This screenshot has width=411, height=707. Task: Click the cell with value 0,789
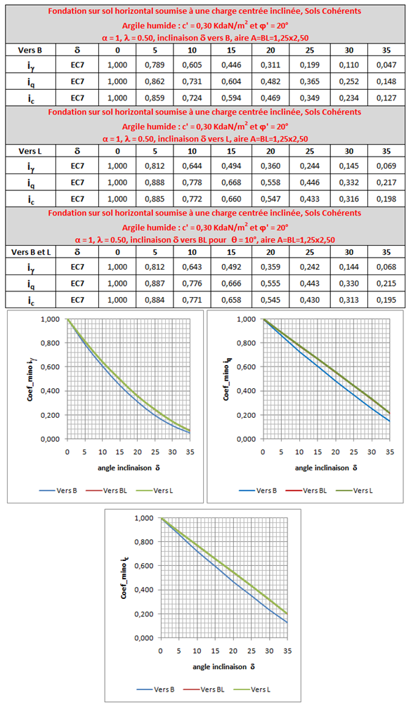pos(155,65)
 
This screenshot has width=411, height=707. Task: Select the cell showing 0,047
pos(386,65)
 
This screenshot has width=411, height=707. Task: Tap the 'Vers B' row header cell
pos(31,50)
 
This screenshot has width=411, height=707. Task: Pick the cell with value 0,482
pos(270,81)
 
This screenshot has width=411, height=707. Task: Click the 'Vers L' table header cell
pos(31,151)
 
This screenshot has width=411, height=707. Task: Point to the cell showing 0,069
pos(386,166)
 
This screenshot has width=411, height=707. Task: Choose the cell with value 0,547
pos(270,199)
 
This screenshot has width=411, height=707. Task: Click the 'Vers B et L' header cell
pos(31,252)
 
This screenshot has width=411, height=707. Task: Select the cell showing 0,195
pos(386,300)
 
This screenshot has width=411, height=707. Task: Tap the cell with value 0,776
pos(193,284)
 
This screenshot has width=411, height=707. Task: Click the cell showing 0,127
pos(386,98)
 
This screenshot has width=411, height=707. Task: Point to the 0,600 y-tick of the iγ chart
pos(50,367)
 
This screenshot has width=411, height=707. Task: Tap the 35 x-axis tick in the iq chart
pos(390,452)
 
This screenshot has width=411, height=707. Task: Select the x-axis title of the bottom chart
pos(224,666)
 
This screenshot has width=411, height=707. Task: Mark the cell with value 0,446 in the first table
pos(231,65)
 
